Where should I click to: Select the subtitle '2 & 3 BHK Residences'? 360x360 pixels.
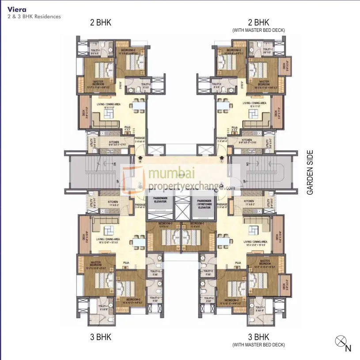pyautogui.click(x=34, y=16)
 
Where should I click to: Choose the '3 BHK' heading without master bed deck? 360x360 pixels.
pyautogui.click(x=101, y=337)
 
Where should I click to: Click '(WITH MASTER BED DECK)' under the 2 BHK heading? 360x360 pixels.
pyautogui.click(x=258, y=30)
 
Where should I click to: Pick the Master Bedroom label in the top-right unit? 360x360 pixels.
pyautogui.click(x=264, y=82)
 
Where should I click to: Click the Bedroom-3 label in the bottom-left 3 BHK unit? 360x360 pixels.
pyautogui.click(x=154, y=224)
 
